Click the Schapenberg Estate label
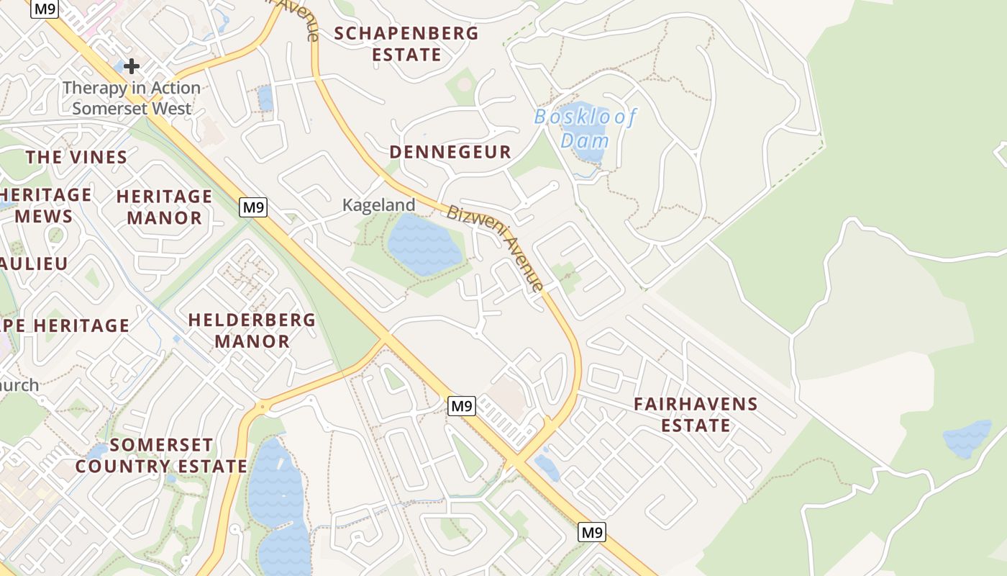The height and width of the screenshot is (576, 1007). click(x=406, y=44)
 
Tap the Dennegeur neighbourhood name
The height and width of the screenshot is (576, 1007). click(x=450, y=152)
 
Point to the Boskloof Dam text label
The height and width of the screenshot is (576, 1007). click(x=585, y=128)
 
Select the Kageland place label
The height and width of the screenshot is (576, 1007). click(x=378, y=205)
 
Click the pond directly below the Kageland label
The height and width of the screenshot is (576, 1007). click(x=424, y=245)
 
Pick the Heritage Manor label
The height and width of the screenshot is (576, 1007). click(x=164, y=207)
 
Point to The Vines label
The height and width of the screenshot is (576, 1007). click(x=76, y=157)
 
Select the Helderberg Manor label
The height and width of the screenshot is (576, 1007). click(x=252, y=330)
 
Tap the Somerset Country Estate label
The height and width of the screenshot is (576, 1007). click(x=161, y=456)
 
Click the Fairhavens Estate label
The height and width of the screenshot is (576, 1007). click(x=696, y=415)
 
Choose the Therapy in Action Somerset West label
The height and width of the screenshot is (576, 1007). click(x=132, y=98)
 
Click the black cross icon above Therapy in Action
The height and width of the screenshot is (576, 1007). click(x=132, y=66)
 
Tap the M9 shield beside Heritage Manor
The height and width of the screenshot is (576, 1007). click(x=253, y=208)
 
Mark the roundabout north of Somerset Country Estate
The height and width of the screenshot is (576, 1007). click(x=263, y=408)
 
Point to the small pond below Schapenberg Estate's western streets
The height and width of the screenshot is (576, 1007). click(x=265, y=97)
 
